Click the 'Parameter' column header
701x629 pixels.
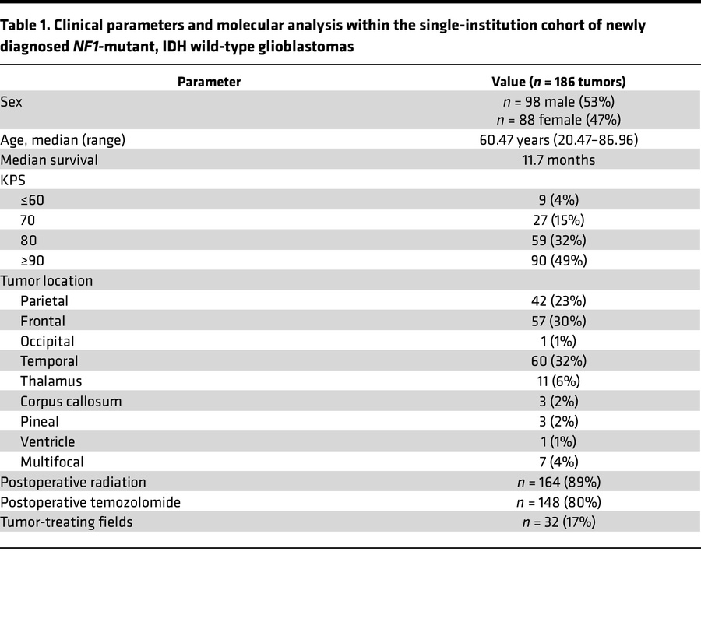209,82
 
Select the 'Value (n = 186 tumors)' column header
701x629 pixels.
558,82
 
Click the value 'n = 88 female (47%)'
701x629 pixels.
558,120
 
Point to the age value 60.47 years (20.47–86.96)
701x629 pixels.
558,140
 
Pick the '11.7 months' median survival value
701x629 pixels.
558,160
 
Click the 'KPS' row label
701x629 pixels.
13,180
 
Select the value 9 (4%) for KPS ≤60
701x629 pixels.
558,200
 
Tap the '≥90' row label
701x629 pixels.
34,261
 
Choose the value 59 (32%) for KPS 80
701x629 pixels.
558,241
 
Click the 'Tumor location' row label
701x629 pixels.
47,281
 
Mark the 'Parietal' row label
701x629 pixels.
44,301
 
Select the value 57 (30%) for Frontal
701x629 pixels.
558,321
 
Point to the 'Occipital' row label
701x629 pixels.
48,341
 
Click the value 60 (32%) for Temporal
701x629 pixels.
558,361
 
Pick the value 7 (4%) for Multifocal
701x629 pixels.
558,462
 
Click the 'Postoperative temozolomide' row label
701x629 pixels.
90,502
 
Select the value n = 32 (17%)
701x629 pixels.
558,522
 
